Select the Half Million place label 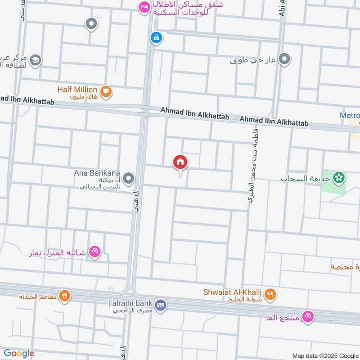point(77,90)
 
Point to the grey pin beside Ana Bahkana point(129,179)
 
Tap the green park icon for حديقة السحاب point(339,178)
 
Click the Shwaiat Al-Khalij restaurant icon point(270,294)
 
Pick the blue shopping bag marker point(156,37)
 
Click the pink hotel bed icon point(144,7)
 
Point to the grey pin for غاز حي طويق point(284,58)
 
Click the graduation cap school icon point(35,59)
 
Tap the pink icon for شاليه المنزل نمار point(94,251)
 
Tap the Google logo point(19,353)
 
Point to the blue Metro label point(350,116)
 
